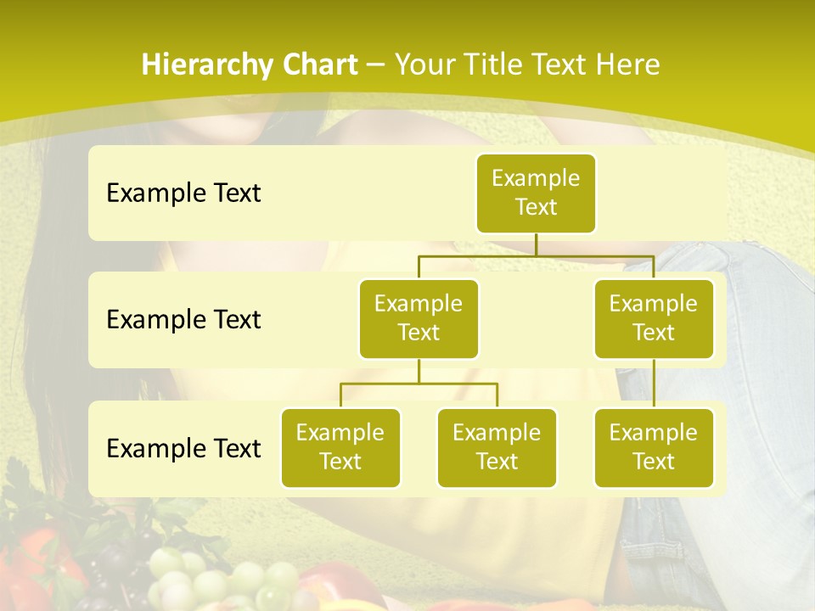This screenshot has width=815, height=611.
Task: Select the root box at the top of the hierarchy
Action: (x=536, y=193)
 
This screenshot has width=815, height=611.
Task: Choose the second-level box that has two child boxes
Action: (x=419, y=318)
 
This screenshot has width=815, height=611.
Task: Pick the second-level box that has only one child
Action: (x=654, y=318)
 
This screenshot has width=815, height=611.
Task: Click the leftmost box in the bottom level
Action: (x=340, y=447)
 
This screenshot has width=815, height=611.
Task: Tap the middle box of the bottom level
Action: (x=497, y=447)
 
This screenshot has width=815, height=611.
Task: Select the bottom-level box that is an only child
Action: (x=654, y=447)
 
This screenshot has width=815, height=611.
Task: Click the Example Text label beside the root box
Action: (x=183, y=193)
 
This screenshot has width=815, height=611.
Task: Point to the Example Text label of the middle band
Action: (x=183, y=320)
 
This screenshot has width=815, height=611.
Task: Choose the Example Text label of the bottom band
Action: (x=183, y=449)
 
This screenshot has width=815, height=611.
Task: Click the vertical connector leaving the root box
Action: (x=536, y=244)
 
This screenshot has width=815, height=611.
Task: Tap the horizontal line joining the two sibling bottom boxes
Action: (x=419, y=384)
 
